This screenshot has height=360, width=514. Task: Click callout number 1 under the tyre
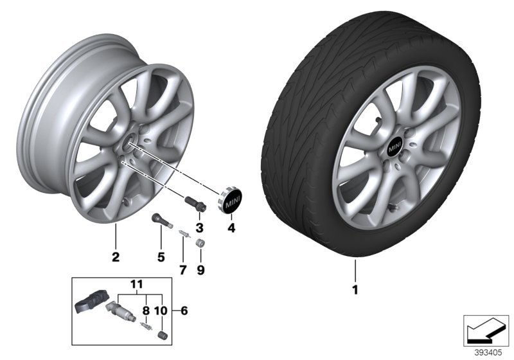(354, 289)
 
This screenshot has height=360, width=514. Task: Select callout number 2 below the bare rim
(116, 258)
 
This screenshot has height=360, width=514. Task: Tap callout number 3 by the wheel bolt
(199, 228)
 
